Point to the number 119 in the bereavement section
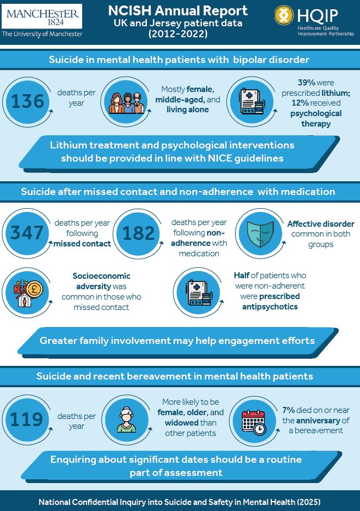click(x=25, y=420)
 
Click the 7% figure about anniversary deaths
click(x=288, y=410)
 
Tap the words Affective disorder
click(x=321, y=224)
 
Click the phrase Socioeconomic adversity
click(x=101, y=281)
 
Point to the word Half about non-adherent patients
click(x=242, y=275)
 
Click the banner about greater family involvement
click(x=177, y=341)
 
